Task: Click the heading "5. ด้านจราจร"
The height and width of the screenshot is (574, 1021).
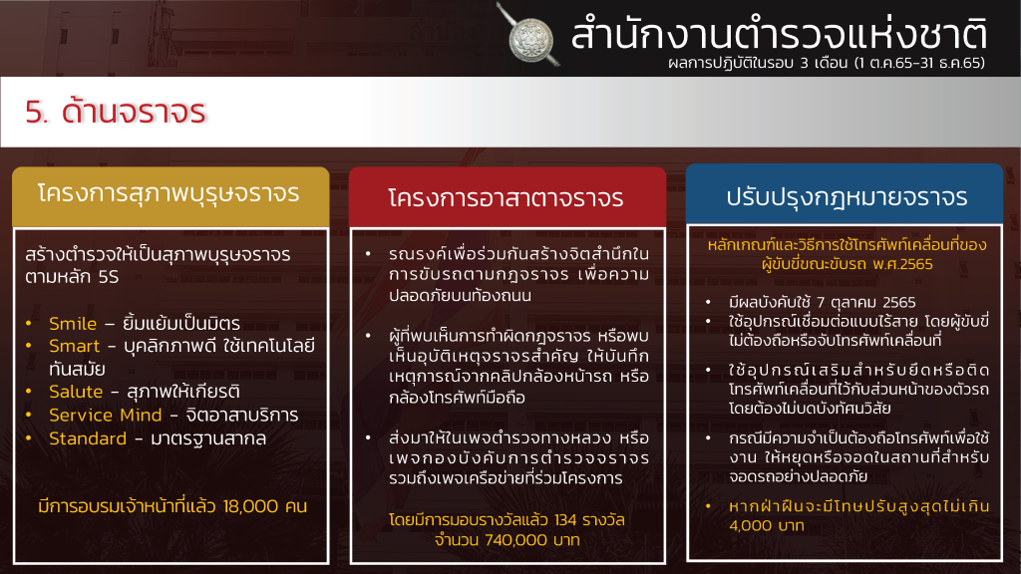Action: click(x=116, y=112)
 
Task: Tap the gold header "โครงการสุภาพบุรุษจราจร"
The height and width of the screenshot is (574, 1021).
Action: click(x=169, y=194)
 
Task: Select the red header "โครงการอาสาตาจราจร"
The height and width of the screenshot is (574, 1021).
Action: click(x=506, y=198)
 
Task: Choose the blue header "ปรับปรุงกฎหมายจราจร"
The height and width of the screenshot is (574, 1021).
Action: click(x=847, y=196)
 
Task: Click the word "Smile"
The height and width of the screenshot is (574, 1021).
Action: click(x=73, y=324)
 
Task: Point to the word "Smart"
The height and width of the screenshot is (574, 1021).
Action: click(x=74, y=346)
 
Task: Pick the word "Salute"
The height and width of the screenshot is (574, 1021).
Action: click(x=76, y=392)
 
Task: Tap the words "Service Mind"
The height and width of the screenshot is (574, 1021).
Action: click(x=106, y=416)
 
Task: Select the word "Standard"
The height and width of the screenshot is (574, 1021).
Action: click(x=88, y=438)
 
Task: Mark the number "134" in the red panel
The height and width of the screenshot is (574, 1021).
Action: click(x=565, y=520)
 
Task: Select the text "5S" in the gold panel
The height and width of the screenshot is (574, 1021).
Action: click(x=109, y=277)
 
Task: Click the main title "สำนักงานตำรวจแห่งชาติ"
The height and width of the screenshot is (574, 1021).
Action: click(x=779, y=34)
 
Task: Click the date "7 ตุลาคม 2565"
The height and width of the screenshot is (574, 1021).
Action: click(x=866, y=303)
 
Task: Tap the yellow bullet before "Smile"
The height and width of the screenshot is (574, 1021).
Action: click(x=29, y=323)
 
